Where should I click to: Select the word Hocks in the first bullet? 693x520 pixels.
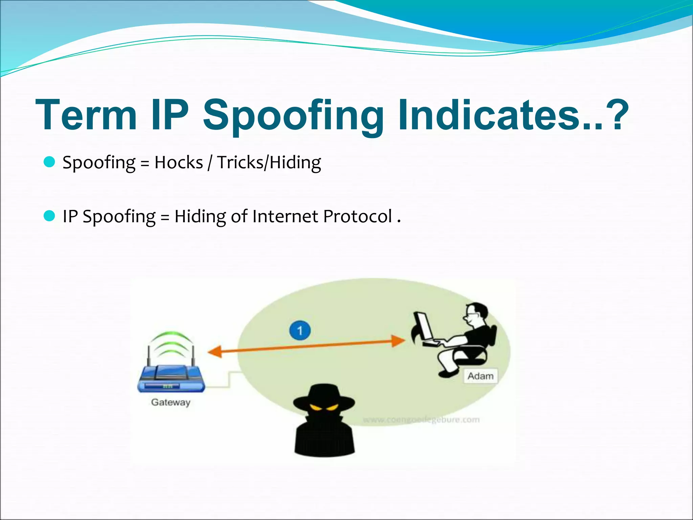tap(178, 162)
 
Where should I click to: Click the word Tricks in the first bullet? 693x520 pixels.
tap(240, 162)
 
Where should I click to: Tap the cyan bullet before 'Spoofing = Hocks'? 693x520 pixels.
tap(49, 162)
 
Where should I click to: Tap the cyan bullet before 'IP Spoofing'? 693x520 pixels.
tap(49, 216)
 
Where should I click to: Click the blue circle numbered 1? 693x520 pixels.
tap(300, 330)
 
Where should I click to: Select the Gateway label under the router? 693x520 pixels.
tap(171, 402)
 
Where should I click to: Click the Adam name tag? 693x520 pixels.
tap(480, 376)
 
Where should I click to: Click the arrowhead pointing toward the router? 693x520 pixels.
tap(215, 352)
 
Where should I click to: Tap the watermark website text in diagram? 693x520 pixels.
tap(421, 420)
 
